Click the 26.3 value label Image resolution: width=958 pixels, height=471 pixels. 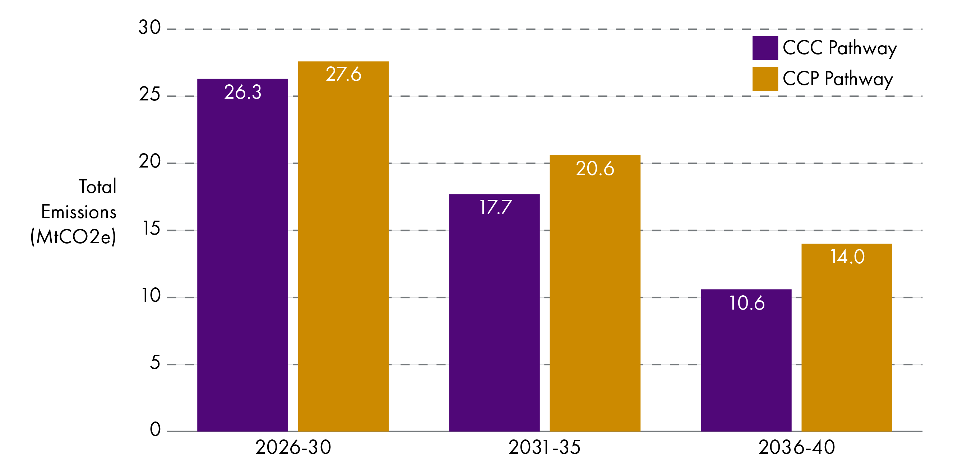pyautogui.click(x=243, y=92)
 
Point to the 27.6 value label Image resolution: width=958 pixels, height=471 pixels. pyautogui.click(x=343, y=74)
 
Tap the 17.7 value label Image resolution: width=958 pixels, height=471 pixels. pyautogui.click(x=495, y=207)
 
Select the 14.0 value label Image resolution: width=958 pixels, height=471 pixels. pyautogui.click(x=847, y=257)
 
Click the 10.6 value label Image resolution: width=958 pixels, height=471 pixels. pyautogui.click(x=746, y=303)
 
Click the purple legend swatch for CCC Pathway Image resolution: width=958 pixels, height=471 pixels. pyautogui.click(x=765, y=48)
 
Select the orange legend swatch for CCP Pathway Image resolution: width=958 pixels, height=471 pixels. pyautogui.click(x=765, y=79)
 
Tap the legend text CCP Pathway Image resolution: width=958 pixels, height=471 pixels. pyautogui.click(x=838, y=79)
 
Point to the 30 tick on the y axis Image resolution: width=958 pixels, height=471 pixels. pyautogui.click(x=149, y=28)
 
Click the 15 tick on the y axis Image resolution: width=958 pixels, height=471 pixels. pyautogui.click(x=151, y=229)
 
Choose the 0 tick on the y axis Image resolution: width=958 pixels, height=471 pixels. pyautogui.click(x=155, y=429)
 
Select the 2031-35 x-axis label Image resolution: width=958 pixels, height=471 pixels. pyautogui.click(x=544, y=447)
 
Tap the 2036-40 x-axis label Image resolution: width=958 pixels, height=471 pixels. pyautogui.click(x=797, y=447)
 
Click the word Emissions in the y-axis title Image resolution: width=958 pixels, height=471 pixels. pyautogui.click(x=78, y=212)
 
